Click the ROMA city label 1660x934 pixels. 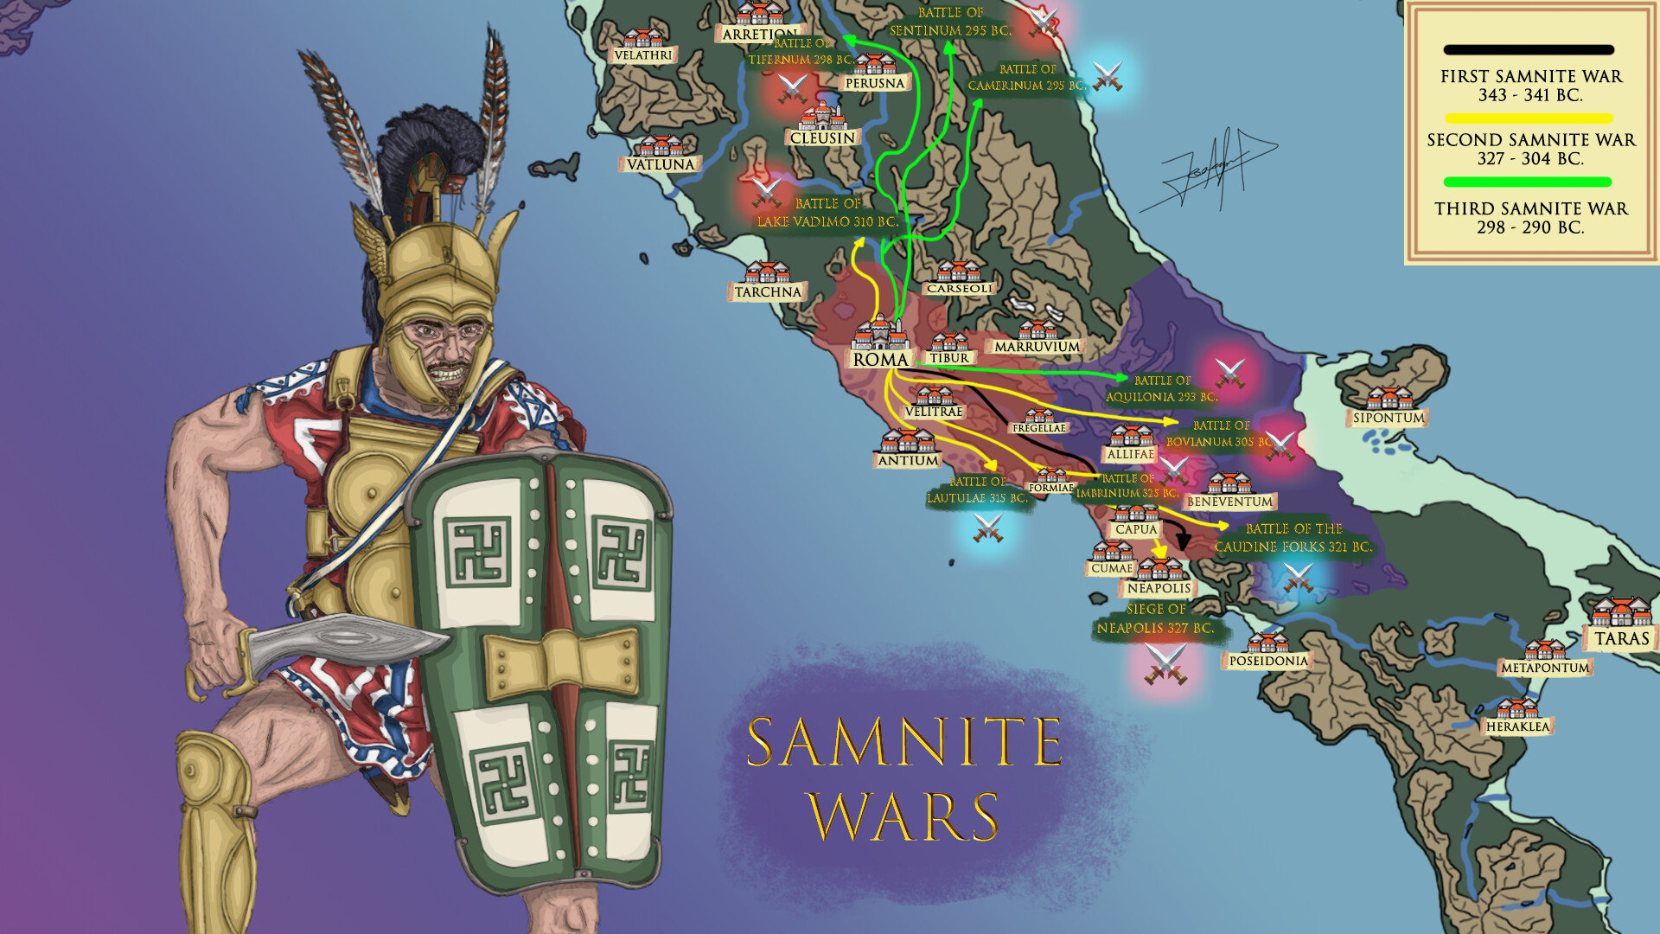[880, 360]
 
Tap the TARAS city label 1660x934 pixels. [1621, 638]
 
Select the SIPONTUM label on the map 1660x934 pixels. [1388, 418]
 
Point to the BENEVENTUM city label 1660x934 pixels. [1229, 502]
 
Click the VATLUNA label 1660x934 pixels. [661, 164]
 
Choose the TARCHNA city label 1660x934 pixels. [768, 292]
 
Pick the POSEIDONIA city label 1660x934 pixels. [1268, 661]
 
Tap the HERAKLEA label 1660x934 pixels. [1517, 726]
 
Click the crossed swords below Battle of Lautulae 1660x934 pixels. [987, 528]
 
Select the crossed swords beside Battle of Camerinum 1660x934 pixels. [1108, 76]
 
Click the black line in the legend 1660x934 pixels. [1528, 50]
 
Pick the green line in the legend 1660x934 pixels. [1528, 182]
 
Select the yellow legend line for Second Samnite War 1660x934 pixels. [1528, 118]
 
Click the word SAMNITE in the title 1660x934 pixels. [904, 742]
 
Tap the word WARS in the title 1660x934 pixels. [903, 816]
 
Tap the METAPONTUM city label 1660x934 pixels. [1545, 668]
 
